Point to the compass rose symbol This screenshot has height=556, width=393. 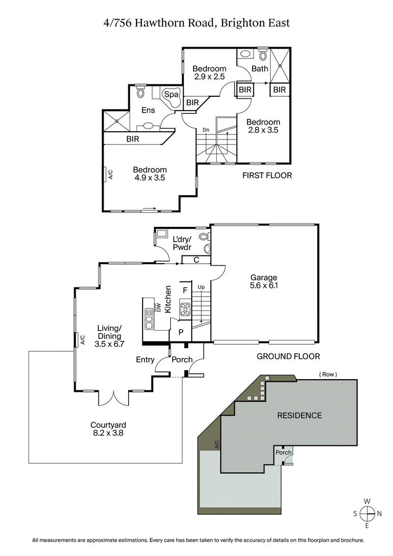click(x=367, y=513)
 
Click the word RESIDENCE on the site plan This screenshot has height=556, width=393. click(x=300, y=415)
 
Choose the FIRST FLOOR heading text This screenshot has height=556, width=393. click(x=267, y=175)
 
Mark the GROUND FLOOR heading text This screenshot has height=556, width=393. click(x=288, y=357)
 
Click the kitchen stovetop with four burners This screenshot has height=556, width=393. click(x=185, y=309)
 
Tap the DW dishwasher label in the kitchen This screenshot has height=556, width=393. click(x=159, y=307)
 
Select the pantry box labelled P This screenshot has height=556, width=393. click(x=181, y=333)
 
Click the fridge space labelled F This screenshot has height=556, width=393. click(x=185, y=290)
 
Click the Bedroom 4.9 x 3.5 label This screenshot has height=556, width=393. click(x=150, y=174)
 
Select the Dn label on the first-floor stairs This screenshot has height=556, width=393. click(x=207, y=130)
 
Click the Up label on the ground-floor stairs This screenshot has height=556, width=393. click(x=201, y=287)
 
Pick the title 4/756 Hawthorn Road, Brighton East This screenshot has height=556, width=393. click(x=196, y=23)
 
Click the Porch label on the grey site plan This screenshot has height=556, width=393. click(x=283, y=452)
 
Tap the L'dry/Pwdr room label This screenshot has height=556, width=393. click(x=182, y=242)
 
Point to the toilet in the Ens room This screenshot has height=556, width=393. click(x=141, y=92)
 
